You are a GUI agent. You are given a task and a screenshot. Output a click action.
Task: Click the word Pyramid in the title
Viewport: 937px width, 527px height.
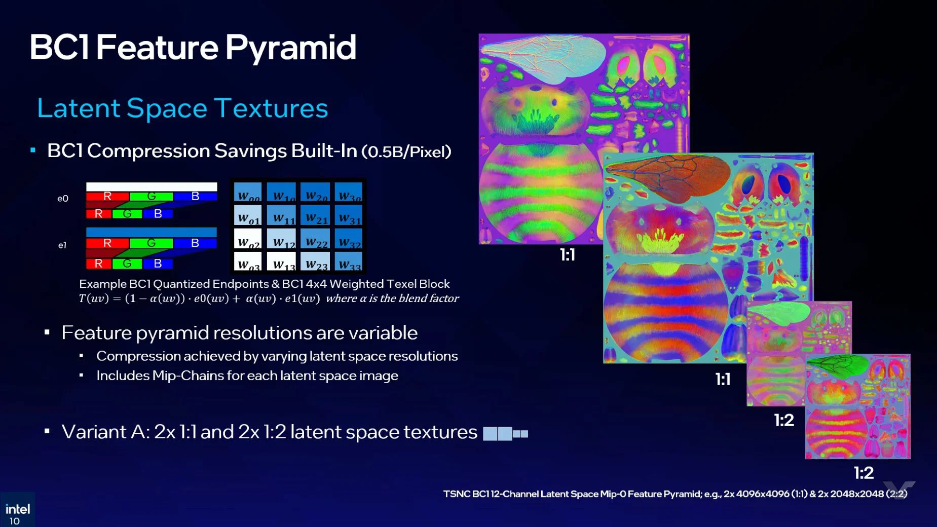290,48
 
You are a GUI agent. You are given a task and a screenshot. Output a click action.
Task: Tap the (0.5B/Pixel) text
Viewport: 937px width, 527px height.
406,152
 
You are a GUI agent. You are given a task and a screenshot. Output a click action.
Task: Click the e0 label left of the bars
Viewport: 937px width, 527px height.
63,199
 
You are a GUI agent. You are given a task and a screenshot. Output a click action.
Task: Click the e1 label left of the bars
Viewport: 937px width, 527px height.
62,245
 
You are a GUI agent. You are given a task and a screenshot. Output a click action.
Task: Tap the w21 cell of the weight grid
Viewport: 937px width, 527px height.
316,216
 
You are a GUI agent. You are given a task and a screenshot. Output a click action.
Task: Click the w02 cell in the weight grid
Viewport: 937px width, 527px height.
248,240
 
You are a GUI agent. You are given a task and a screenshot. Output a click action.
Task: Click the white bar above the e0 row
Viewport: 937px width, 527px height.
152,187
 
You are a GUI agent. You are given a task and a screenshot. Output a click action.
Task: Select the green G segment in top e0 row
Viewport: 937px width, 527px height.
151,197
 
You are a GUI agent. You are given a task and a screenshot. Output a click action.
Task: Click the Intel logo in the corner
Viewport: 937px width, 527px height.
17,508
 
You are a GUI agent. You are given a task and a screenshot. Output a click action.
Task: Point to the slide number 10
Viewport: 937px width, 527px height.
15,521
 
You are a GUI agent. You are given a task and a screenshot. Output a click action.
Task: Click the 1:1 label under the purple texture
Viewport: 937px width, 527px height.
567,255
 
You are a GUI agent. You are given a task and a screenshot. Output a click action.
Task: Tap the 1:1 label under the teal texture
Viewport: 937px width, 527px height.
723,379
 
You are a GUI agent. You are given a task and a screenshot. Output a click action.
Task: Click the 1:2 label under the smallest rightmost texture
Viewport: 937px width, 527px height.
864,473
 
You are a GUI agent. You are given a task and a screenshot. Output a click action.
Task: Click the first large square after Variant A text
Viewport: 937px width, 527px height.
490,434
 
